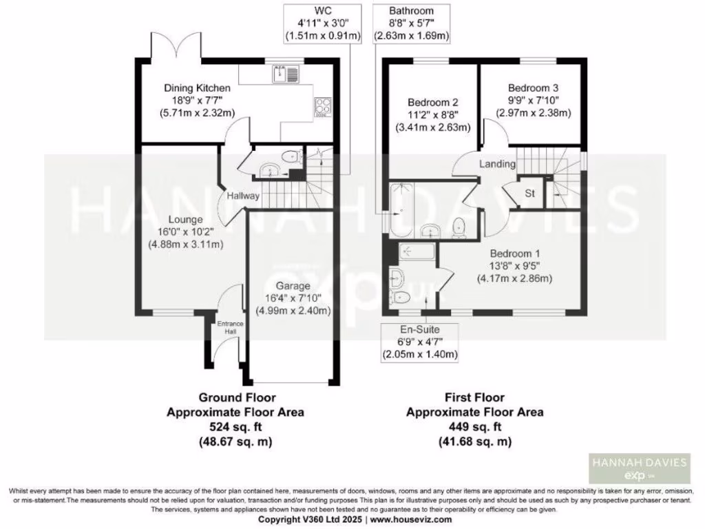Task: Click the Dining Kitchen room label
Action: coord(197,88)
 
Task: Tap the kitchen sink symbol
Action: coord(285,72)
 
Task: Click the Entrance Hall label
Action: coord(227,328)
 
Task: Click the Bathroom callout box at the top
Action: coord(411,23)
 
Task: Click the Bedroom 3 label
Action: coord(534,88)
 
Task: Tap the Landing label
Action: coord(497,164)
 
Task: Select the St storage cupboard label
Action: coord(530,194)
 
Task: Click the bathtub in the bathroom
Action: coord(399,207)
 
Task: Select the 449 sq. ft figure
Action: coord(474,427)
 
